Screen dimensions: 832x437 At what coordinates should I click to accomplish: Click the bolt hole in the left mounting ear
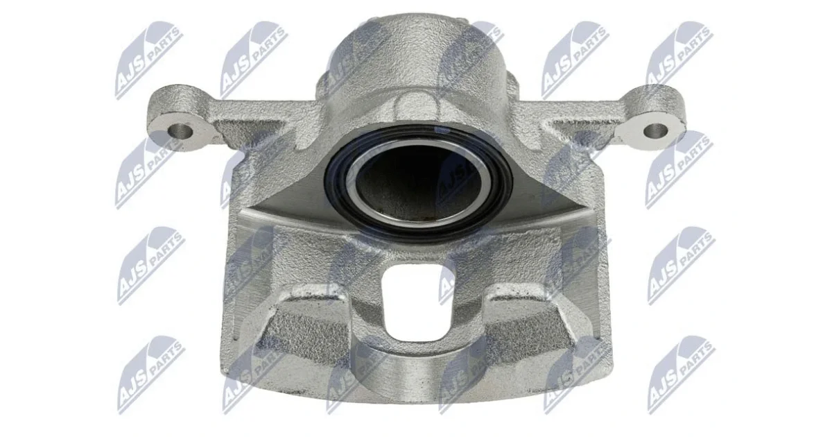180,131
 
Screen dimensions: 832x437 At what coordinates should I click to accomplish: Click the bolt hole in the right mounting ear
655,130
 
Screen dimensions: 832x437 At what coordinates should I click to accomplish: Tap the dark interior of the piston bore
418,181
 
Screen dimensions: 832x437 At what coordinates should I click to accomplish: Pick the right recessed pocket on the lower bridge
528,327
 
